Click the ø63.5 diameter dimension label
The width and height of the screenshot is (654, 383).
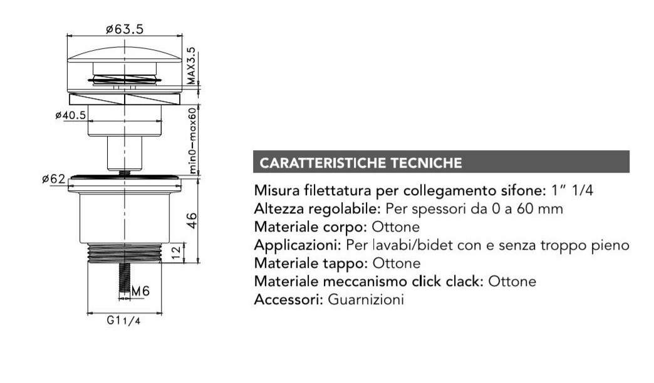point(125,29)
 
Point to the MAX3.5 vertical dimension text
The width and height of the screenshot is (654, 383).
point(192,66)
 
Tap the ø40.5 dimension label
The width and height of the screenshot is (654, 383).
point(70,115)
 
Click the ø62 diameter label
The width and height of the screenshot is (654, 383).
point(54,179)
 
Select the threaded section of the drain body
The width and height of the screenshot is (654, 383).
point(125,252)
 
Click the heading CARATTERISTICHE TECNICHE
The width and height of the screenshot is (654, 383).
point(361,163)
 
